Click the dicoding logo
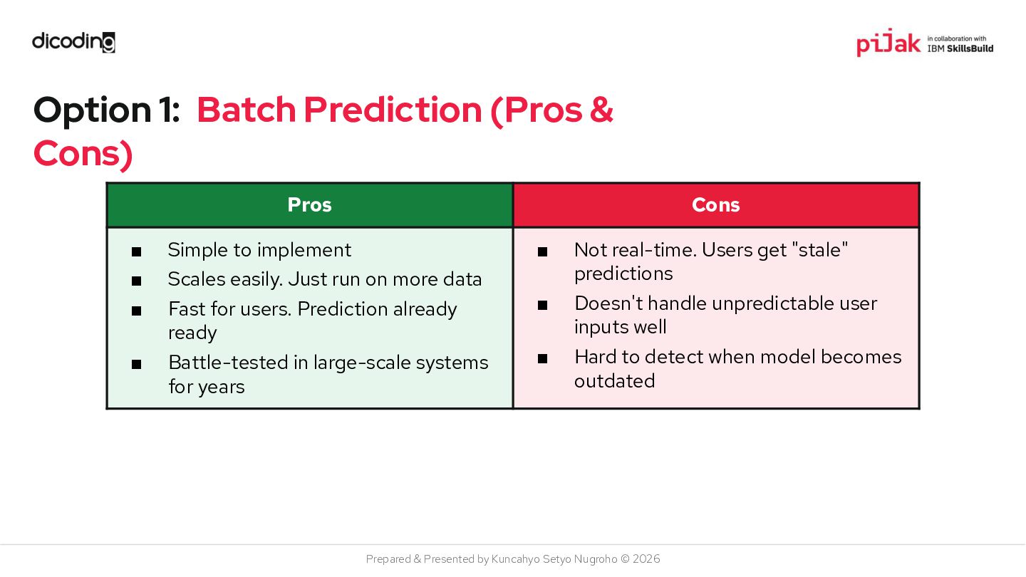click(x=73, y=42)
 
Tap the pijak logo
click(x=888, y=43)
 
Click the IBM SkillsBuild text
click(x=960, y=48)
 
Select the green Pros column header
click(x=310, y=204)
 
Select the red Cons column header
click(x=716, y=204)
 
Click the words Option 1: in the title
click(x=106, y=110)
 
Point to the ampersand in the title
click(x=601, y=110)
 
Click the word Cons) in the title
click(x=83, y=154)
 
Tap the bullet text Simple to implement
click(x=259, y=250)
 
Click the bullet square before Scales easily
click(x=137, y=281)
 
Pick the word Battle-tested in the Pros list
click(x=228, y=362)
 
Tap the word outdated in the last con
click(x=614, y=381)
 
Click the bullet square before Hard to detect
click(x=542, y=358)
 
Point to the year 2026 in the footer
click(x=646, y=559)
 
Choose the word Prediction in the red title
click(x=393, y=110)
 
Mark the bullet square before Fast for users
click(x=137, y=311)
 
